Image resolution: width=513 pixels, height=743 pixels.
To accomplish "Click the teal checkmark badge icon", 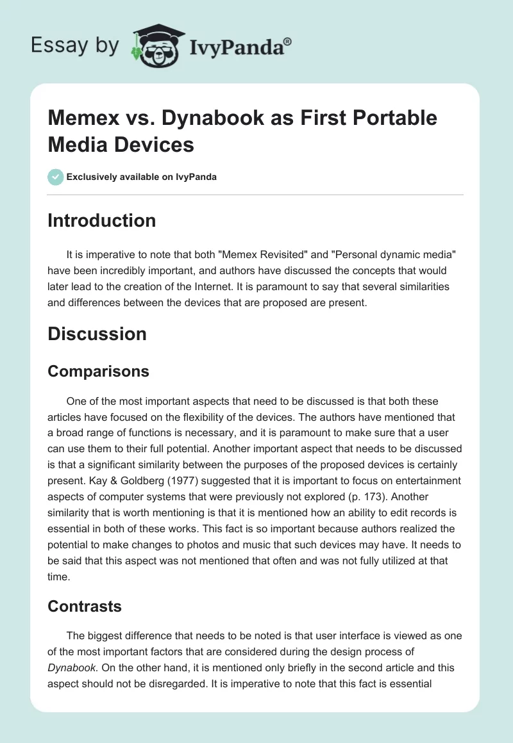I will click(56, 177).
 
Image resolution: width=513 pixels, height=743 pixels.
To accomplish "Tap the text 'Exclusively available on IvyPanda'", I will click(141, 177).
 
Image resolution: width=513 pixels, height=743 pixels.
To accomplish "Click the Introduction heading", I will click(101, 220).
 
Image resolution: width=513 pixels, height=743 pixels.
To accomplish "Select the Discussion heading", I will click(97, 334).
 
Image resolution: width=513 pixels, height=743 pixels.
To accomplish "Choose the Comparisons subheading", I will click(98, 371).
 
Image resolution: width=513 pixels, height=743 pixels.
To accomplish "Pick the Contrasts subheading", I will click(85, 605).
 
